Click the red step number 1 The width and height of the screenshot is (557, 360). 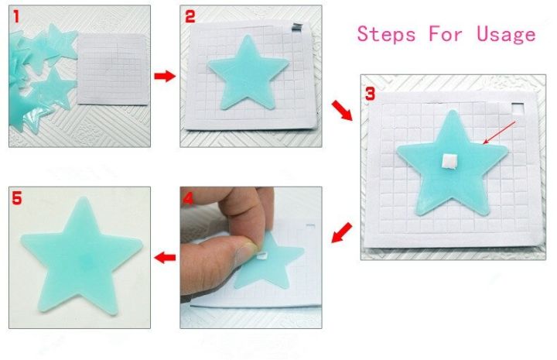coord(17,15)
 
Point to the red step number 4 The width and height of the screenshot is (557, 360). coord(188,198)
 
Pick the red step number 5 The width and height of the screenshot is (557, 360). coord(17,198)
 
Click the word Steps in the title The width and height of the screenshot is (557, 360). coord(387,34)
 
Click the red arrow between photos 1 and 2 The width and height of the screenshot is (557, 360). coord(164,76)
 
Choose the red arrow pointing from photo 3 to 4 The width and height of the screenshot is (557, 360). coord(342,231)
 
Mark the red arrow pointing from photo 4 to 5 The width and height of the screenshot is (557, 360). coord(164,257)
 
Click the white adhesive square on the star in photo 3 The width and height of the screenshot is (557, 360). coord(446,160)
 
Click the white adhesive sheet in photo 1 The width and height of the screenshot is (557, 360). coord(114,70)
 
